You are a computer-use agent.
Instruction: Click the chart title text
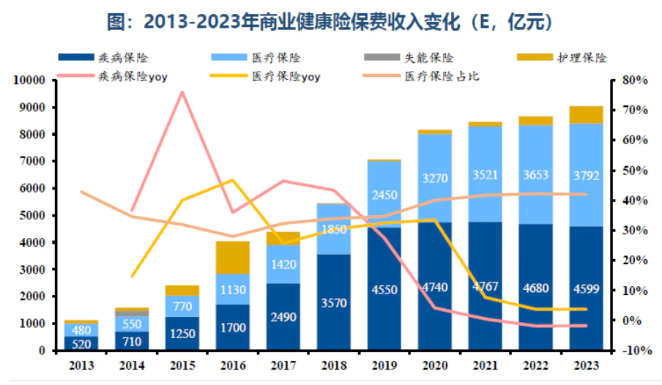330,22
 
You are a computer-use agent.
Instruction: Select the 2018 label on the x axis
334,365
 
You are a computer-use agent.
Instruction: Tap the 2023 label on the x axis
586,365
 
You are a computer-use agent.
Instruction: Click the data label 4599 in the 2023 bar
587,288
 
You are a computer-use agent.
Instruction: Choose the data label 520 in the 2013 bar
81,344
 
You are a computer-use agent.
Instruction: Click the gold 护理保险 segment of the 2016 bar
233,257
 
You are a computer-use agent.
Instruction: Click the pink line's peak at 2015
182,92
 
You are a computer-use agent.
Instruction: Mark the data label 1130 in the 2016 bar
233,289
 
